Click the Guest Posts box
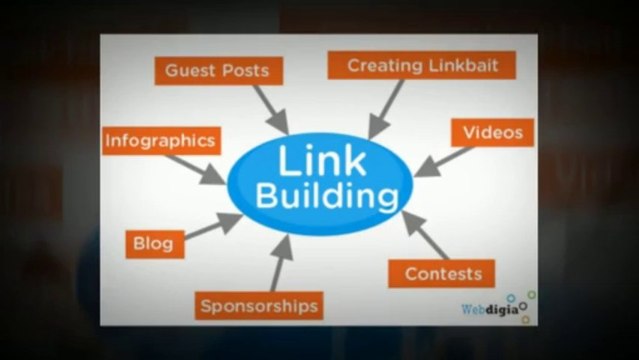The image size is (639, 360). [217, 71]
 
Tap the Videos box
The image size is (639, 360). [492, 133]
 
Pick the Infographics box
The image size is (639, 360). [160, 141]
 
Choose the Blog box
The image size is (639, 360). [153, 242]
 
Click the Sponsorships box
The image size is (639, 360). [259, 305]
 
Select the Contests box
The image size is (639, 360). [442, 273]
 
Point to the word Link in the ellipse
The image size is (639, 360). [321, 161]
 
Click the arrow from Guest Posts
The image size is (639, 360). [270, 109]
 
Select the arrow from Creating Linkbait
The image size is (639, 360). [387, 108]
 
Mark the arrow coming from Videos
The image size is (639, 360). [441, 160]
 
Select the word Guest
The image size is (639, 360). [189, 71]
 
